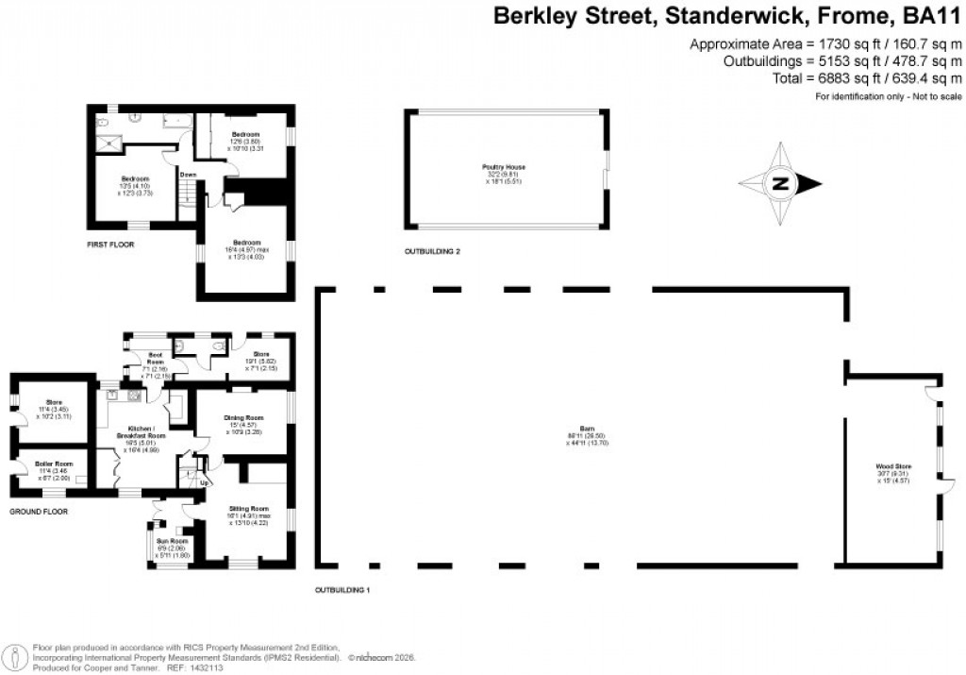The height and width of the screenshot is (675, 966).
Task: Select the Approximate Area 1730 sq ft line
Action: pos(825,44)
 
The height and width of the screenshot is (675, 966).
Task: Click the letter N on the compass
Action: pos(781,184)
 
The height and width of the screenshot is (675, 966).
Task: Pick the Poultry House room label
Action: pos(504,167)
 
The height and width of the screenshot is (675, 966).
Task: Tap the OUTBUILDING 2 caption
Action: pos(432,252)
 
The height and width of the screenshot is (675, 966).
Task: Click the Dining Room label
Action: pos(242,417)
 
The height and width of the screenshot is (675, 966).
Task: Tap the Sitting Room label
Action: pos(246,509)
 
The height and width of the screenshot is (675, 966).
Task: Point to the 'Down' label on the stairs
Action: pos(189,175)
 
